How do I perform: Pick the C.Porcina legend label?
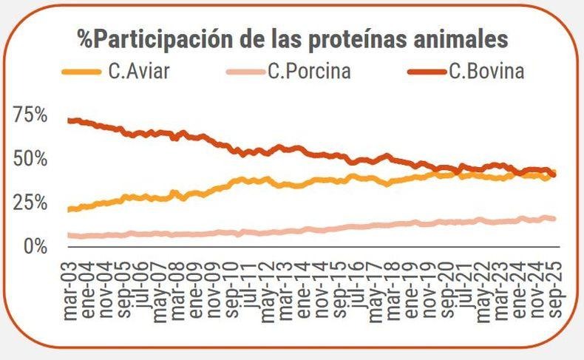[x=310, y=71]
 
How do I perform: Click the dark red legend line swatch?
[x=427, y=72]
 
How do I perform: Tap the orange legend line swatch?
[x=81, y=72]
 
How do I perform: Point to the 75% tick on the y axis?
[x=31, y=115]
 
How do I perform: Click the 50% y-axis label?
[x=31, y=159]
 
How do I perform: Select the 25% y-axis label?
[x=31, y=202]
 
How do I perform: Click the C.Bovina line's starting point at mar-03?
[x=69, y=120]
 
